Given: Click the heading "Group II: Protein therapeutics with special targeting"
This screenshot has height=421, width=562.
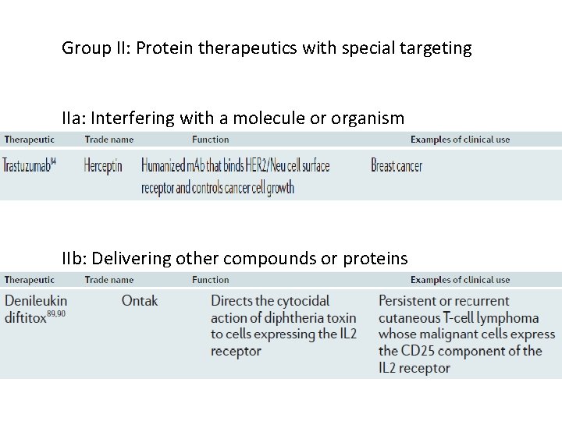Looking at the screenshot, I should tap(267, 48).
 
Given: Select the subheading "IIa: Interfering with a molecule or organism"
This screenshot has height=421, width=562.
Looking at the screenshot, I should tap(233, 119).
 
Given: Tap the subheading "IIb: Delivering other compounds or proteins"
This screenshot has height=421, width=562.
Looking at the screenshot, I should tap(235, 259).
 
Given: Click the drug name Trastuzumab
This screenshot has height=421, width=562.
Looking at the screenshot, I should tap(26, 166).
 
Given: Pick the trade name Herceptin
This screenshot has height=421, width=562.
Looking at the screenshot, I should tap(103, 166).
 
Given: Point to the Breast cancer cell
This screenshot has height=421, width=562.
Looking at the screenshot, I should tap(397, 166).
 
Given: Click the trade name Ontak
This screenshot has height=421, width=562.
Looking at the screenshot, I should tap(140, 301).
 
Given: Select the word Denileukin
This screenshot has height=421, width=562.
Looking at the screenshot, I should tap(36, 301).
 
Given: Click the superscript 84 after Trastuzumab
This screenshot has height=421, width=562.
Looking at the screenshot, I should tap(53, 161).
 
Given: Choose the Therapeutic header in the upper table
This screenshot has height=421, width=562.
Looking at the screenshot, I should tap(29, 140).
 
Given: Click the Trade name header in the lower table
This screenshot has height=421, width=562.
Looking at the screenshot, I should tap(109, 280).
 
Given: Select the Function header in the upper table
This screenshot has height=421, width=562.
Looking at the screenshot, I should tap(211, 140).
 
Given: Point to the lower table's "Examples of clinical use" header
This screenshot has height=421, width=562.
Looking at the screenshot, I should tap(460, 280).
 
